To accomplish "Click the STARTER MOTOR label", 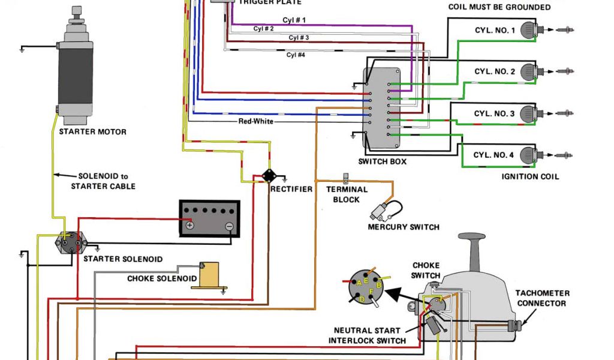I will point(92,131).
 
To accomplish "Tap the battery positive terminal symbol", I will point(189,226).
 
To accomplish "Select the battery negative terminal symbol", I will point(229,226).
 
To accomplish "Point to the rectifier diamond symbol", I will point(269,176).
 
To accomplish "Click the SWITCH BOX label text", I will point(382,161).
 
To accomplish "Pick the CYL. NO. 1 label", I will point(494,30).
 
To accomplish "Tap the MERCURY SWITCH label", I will point(404,227).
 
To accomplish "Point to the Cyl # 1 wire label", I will point(293,20).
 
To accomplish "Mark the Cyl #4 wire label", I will point(296,55).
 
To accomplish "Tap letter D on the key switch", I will point(362,298).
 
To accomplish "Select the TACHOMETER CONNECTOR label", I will point(542,298).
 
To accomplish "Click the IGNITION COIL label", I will point(530,176).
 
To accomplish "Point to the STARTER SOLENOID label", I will point(122,259).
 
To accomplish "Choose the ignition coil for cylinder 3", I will point(528,113).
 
